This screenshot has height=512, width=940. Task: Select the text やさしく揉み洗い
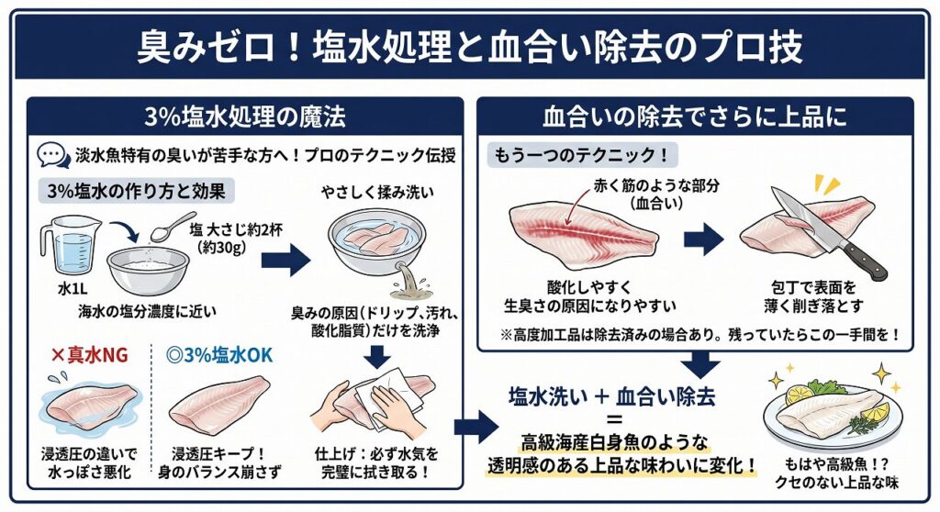point(377,192)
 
